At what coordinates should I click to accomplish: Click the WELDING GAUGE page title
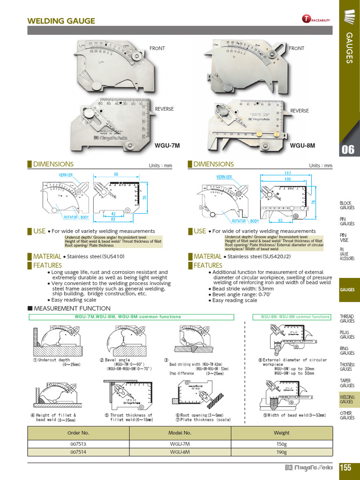61,21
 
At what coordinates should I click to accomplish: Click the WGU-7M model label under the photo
167,145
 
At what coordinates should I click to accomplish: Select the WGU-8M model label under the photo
302,145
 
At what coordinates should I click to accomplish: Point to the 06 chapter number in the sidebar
348,150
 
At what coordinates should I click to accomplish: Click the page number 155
346,467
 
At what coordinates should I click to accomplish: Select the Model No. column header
180,433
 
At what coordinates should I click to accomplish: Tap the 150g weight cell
282,443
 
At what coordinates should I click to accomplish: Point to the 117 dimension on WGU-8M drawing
288,173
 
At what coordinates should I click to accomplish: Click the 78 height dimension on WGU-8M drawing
314,202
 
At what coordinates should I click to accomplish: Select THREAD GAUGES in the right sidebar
347,319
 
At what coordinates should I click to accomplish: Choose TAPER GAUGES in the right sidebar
347,383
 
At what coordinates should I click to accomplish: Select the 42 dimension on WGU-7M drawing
113,213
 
